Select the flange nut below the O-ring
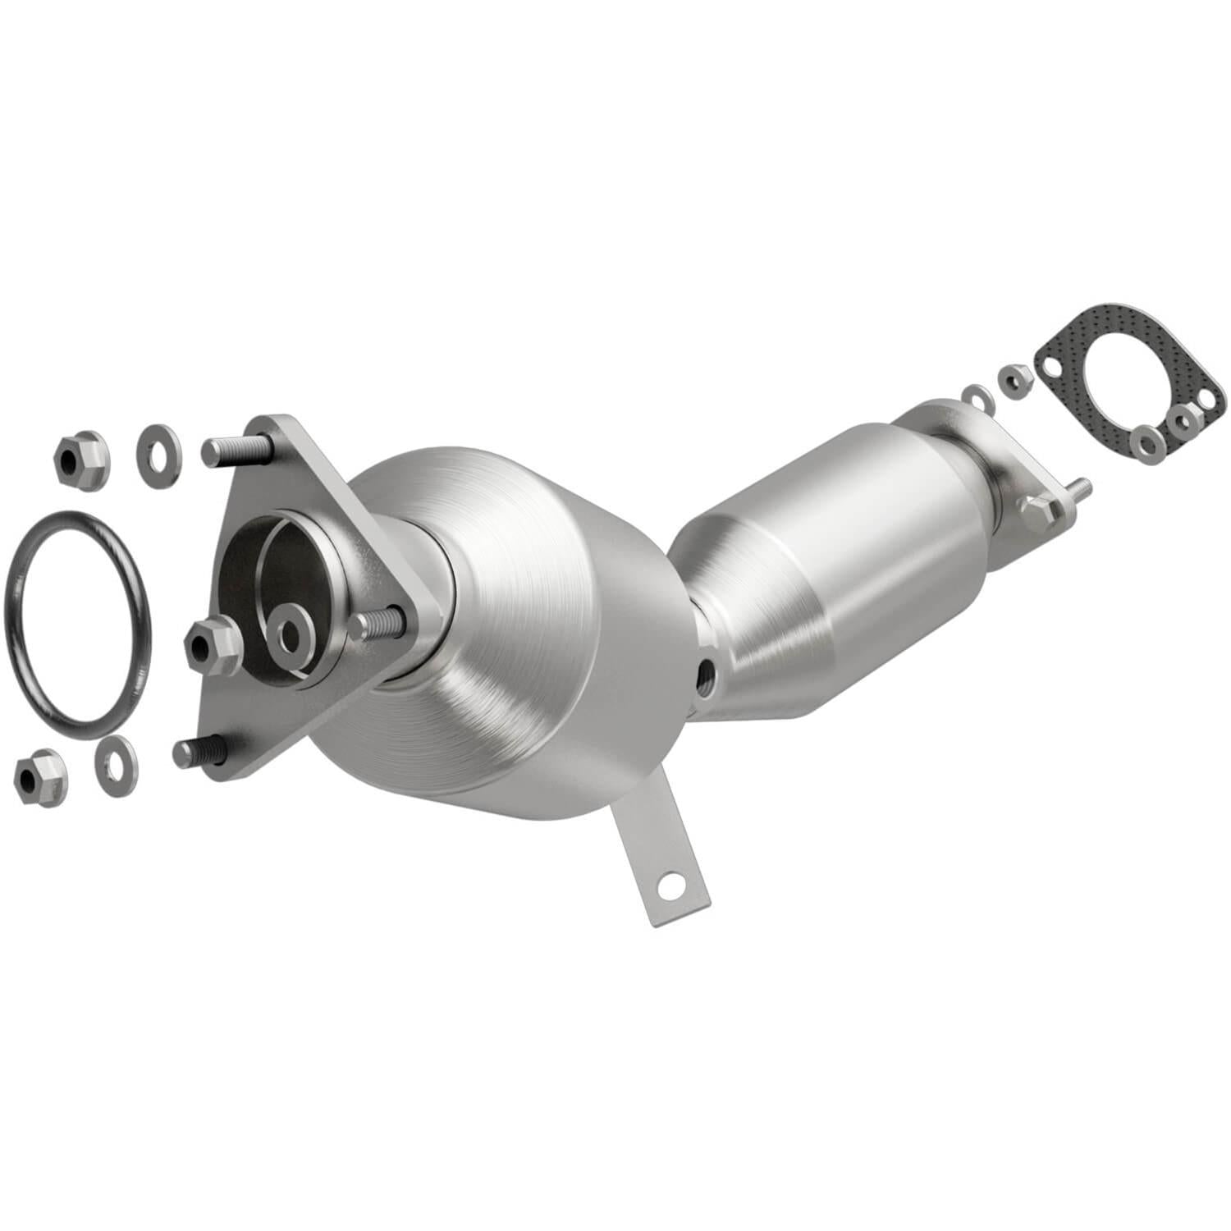pos(40,776)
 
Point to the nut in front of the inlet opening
pos(213,645)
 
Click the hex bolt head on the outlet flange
pos(1039,510)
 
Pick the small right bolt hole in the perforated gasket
pos(1206,398)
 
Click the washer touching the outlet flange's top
pos(977,396)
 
